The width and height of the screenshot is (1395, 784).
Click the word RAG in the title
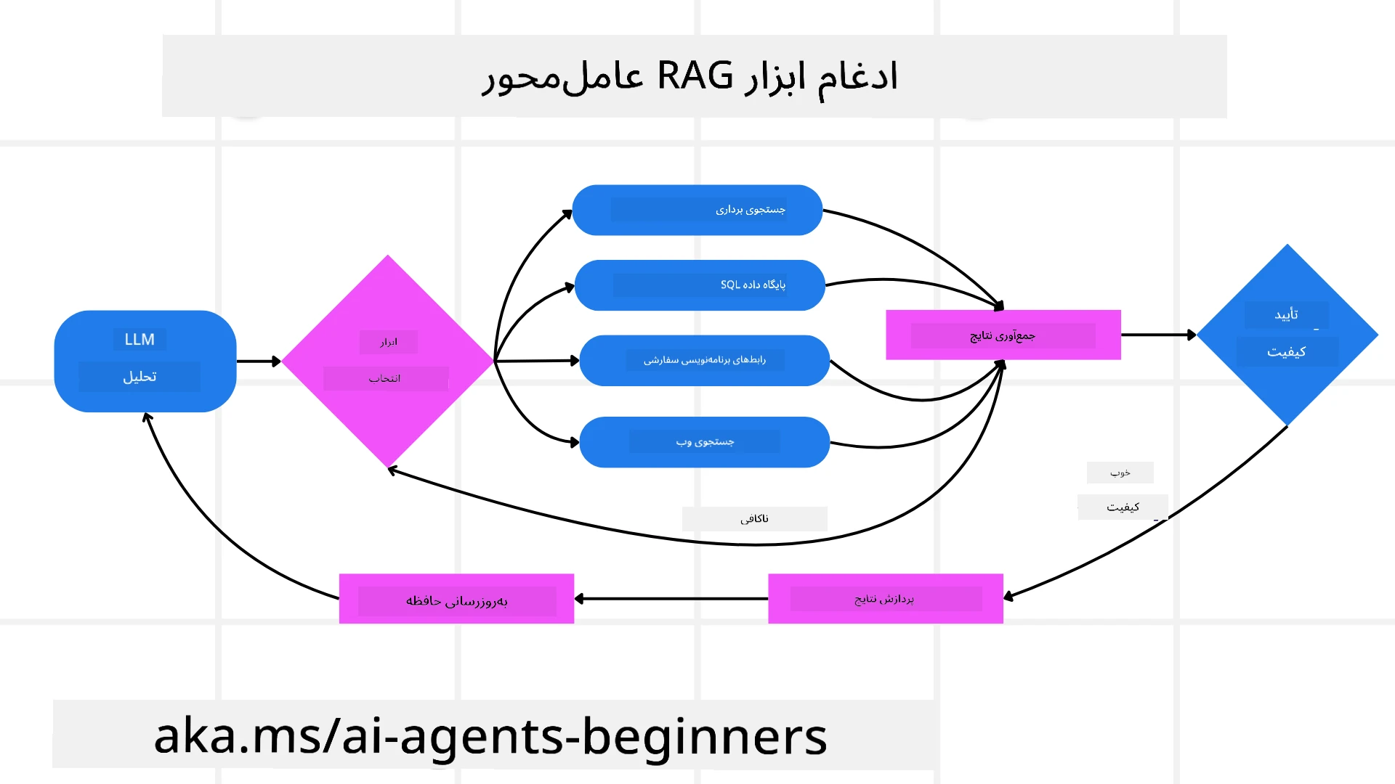point(695,75)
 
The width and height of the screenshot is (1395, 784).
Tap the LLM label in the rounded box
point(139,339)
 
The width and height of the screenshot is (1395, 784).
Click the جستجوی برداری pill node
point(697,210)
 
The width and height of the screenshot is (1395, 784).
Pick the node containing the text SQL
point(699,285)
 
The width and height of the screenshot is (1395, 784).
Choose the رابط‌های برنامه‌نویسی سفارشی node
point(704,360)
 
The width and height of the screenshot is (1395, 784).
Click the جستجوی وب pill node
point(704,442)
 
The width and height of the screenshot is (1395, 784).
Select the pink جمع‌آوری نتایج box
point(1003,335)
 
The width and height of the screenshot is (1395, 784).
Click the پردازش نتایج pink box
point(885,599)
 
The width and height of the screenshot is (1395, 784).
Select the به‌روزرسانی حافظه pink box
point(456,600)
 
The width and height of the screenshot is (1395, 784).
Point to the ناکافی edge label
point(754,518)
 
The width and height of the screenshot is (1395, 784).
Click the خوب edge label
point(1120,473)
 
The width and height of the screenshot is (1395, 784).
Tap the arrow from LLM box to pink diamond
point(258,361)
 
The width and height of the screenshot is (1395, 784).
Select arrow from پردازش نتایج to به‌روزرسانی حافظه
point(672,599)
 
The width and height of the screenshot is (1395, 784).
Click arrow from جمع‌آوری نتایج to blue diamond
point(1158,335)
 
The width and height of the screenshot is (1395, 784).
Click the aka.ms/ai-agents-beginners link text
point(490,736)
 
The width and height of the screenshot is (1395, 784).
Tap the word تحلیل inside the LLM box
point(139,377)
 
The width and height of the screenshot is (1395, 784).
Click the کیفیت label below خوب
point(1123,507)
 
